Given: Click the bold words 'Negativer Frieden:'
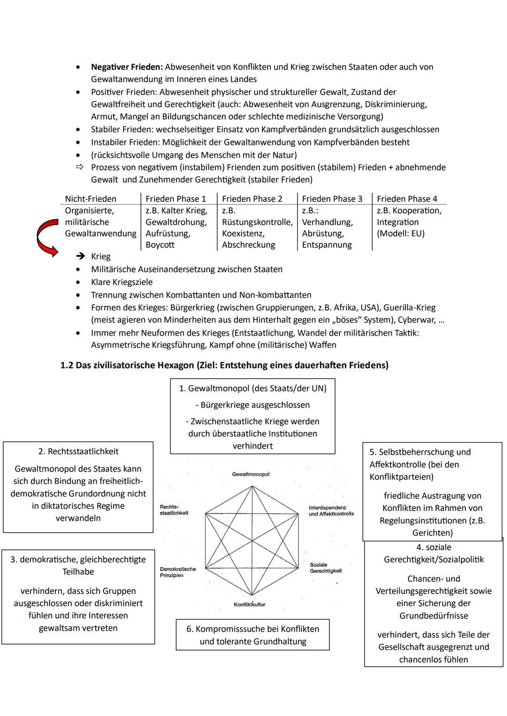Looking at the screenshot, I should (x=127, y=67).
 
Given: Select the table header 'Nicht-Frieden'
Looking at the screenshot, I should (x=91, y=199).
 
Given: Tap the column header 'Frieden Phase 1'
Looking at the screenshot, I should (x=176, y=199).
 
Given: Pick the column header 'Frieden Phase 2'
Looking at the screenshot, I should (x=252, y=199).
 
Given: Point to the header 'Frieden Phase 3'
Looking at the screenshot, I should (x=332, y=199).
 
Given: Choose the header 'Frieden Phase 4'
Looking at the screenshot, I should (x=407, y=199).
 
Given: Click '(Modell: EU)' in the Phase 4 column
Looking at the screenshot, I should (x=400, y=234).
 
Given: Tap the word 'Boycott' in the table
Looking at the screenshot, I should (x=160, y=245).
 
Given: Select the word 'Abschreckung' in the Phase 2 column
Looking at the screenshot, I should (x=248, y=245).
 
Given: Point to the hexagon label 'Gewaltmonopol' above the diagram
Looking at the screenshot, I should (x=251, y=474).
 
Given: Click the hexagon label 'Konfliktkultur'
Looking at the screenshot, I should (x=250, y=604).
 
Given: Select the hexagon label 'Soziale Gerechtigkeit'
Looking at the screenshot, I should (x=325, y=568).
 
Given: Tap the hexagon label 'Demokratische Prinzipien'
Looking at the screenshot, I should (x=177, y=572).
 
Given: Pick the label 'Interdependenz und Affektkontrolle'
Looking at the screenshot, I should (x=331, y=510).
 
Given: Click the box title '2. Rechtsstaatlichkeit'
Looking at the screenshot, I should (x=78, y=451).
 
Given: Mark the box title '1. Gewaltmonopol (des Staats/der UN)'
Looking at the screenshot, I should (x=253, y=388).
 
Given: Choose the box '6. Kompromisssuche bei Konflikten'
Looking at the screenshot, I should (x=253, y=635).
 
